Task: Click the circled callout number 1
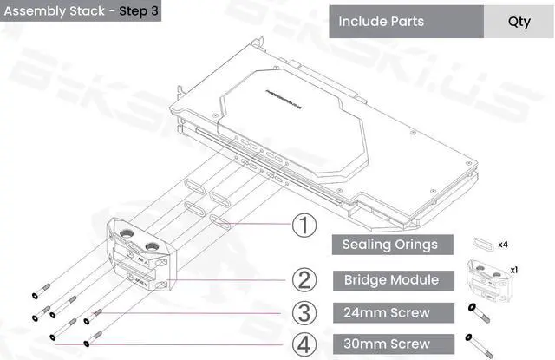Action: pos(303,226)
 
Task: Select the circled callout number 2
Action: pos(303,279)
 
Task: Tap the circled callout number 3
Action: pos(303,312)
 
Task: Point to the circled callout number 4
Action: pos(303,344)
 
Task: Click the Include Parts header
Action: pos(381,21)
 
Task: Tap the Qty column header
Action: pos(519,22)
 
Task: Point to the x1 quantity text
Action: pos(513,269)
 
